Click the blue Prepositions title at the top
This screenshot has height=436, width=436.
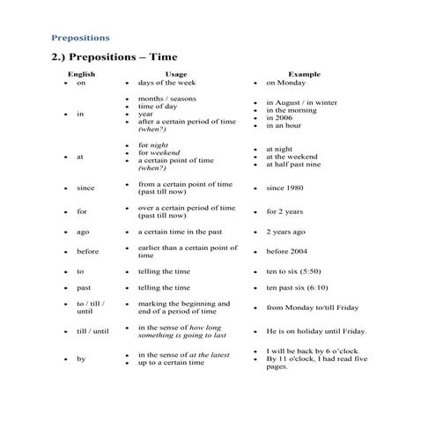80,38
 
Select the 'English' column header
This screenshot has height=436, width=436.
82,75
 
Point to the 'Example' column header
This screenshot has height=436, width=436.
304,75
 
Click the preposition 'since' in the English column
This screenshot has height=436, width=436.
85,188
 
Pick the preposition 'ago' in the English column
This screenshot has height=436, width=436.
83,232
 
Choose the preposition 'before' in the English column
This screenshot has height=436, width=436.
88,252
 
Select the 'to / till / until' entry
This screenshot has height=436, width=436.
90,307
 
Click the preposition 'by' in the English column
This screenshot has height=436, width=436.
81,358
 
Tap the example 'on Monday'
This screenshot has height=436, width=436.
285,83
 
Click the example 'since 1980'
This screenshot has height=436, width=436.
285,188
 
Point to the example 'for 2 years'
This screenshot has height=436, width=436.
285,211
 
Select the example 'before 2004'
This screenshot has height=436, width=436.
287,252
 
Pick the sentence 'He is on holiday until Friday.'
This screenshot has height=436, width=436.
316,332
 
